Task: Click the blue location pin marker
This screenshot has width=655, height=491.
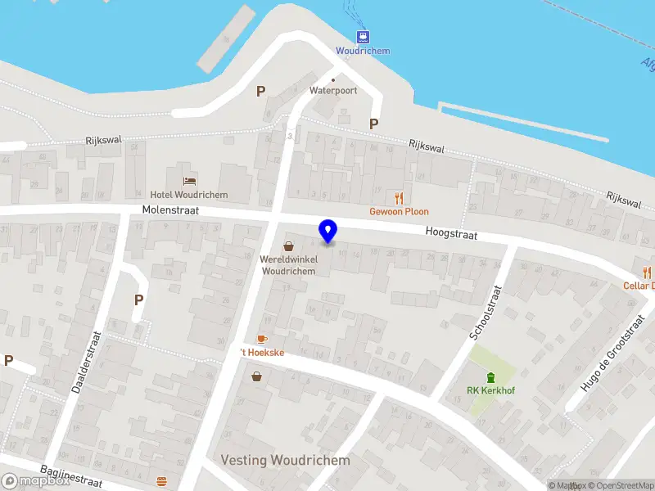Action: pyautogui.click(x=328, y=231)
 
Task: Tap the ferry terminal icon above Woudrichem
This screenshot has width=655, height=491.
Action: pyautogui.click(x=363, y=36)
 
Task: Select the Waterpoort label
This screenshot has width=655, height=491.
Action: pyautogui.click(x=332, y=90)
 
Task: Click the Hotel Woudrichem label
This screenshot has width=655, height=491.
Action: pyautogui.click(x=196, y=195)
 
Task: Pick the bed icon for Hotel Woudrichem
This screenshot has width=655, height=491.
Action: pyautogui.click(x=190, y=180)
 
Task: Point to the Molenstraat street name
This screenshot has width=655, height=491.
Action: pyautogui.click(x=169, y=211)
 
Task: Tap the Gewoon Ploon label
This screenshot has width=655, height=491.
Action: pyautogui.click(x=399, y=211)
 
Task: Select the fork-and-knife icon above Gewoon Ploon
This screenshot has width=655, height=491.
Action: pyautogui.click(x=400, y=197)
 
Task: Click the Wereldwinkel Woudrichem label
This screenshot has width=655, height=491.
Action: pyautogui.click(x=287, y=265)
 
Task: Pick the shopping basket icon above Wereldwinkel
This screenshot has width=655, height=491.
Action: pyautogui.click(x=288, y=245)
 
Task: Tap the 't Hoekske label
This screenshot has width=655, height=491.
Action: pyautogui.click(x=262, y=352)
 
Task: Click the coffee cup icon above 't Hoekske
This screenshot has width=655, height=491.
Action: pyautogui.click(x=262, y=338)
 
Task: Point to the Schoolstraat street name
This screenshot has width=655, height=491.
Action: pyautogui.click(x=485, y=313)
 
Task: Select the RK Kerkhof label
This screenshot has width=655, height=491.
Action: pyautogui.click(x=490, y=390)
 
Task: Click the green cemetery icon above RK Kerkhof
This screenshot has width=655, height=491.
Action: pyautogui.click(x=490, y=376)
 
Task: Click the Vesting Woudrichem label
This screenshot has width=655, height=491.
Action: pyautogui.click(x=285, y=460)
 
